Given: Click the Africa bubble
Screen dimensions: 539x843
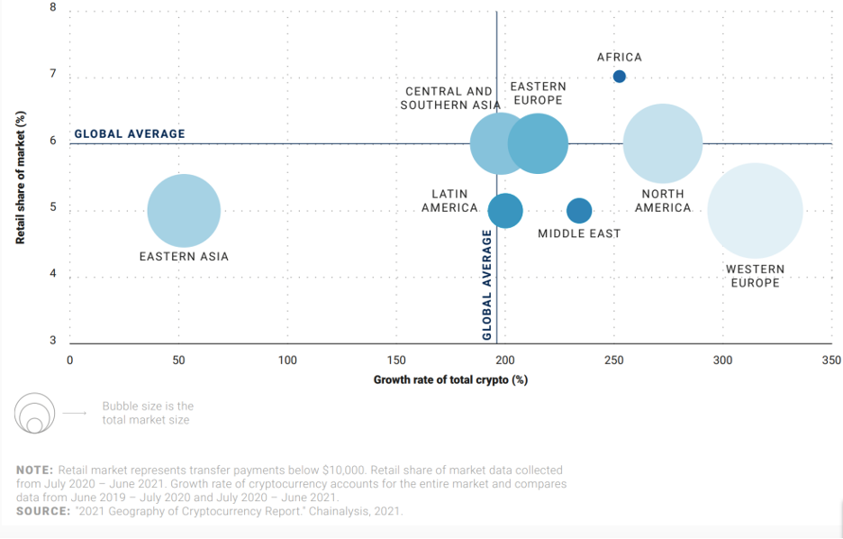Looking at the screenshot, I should pos(619,77).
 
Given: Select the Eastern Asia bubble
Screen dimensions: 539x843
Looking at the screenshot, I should pos(184,211).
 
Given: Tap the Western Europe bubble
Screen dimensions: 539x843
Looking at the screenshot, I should pos(755,211).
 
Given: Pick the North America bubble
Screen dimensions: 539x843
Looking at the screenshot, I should pos(663,143).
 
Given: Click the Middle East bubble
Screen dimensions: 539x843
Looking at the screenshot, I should pos(579,211).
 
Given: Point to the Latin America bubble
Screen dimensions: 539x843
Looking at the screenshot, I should pos(505,211).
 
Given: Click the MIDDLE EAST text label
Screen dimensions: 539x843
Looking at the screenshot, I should pos(579,233).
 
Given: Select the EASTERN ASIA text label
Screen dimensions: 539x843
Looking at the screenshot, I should pos(184,257).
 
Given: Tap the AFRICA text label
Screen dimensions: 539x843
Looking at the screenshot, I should pos(619,58).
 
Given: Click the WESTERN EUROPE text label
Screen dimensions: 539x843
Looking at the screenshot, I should pos(755,276).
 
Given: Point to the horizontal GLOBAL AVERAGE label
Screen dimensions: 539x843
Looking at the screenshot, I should pos(129,134).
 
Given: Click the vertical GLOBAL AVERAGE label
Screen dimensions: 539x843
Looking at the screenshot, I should pos(486,285).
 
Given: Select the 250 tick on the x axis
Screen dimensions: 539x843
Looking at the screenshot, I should pos(614,361).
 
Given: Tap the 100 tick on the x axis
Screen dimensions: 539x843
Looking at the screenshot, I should pos(287,361).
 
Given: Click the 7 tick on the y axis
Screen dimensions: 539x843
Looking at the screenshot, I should pos(52,74).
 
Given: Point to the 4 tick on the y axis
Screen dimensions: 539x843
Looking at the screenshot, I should pos(52,274).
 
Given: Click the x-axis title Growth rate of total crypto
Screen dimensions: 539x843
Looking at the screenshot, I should pos(450,379).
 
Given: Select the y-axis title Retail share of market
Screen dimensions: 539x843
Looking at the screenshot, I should pos(20,178).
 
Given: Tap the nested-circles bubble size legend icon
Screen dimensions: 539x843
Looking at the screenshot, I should pos(34,414).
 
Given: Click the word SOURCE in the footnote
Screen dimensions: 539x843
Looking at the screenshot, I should pos(42,511).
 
